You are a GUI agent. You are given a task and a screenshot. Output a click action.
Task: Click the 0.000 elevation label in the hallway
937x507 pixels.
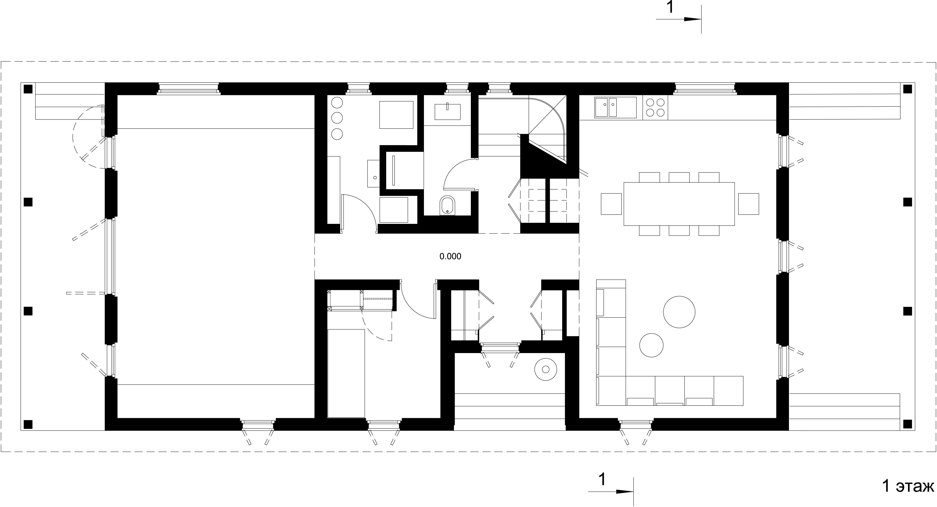coord(450,256)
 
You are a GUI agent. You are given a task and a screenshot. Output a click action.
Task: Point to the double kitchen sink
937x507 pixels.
coord(615,108)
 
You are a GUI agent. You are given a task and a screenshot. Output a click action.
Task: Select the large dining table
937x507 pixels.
coord(679,204)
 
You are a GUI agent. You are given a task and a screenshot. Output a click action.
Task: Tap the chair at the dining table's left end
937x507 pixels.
coord(611,204)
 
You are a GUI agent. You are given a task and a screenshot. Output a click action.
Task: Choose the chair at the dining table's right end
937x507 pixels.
coord(748,204)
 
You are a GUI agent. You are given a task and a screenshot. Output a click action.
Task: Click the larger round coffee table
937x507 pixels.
coord(679,312)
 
